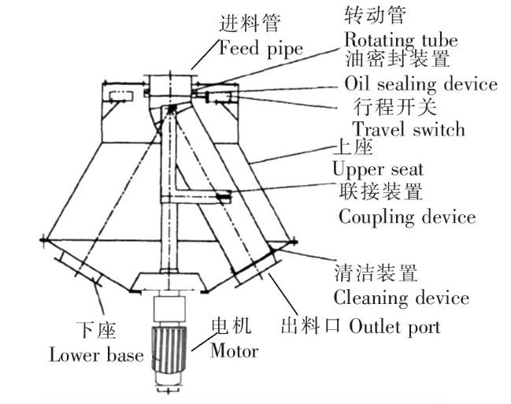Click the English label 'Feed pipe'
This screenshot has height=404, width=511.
coord(261,49)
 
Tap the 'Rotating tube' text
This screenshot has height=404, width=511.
coord(402,41)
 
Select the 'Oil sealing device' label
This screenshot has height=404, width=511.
coord(420,83)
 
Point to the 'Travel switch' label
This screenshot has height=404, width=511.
coord(409,128)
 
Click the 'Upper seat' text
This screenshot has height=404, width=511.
coord(378,169)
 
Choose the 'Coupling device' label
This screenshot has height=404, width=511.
coord(407,217)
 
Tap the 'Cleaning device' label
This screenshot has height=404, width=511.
coord(402,298)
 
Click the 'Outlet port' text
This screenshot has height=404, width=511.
coord(394,326)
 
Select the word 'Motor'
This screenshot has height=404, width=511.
coord(235,351)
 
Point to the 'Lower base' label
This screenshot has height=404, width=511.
coord(96,354)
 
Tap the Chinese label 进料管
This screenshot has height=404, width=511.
coord(250,24)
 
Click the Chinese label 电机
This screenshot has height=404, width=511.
coord(231,326)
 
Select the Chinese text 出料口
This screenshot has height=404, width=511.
coord(310,326)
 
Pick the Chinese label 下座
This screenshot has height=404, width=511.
coord(96,330)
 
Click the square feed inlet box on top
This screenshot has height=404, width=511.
coord(169,86)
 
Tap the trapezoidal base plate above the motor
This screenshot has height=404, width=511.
coord(169,283)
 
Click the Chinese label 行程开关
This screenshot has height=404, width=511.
coord(394,106)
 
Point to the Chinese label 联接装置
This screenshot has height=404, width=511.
coord(381,191)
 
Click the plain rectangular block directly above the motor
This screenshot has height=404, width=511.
coord(169,309)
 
